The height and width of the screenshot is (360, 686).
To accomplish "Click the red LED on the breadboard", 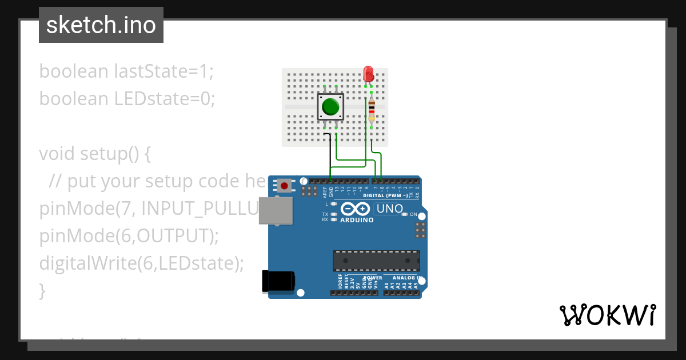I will coord(369,73).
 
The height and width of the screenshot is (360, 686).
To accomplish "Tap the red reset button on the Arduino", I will coord(284,186).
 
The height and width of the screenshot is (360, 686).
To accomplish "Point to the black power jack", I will coord(278,280).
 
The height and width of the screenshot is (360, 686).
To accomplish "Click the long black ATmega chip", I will coord(376,261).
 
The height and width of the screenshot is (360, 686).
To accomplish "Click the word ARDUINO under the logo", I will coord(357,220).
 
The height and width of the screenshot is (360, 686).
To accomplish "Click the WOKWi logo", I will coord(608,315).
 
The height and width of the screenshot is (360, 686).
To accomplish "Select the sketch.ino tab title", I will coord(101,25).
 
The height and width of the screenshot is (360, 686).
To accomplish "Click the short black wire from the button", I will coord(329,151).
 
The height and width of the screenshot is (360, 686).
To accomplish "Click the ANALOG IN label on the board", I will coord(407,278).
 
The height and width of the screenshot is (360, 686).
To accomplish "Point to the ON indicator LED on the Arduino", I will coord(405,214).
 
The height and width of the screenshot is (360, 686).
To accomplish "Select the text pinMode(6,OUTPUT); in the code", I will coord(129,235).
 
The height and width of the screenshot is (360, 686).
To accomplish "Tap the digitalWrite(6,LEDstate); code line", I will coord(141,263).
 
